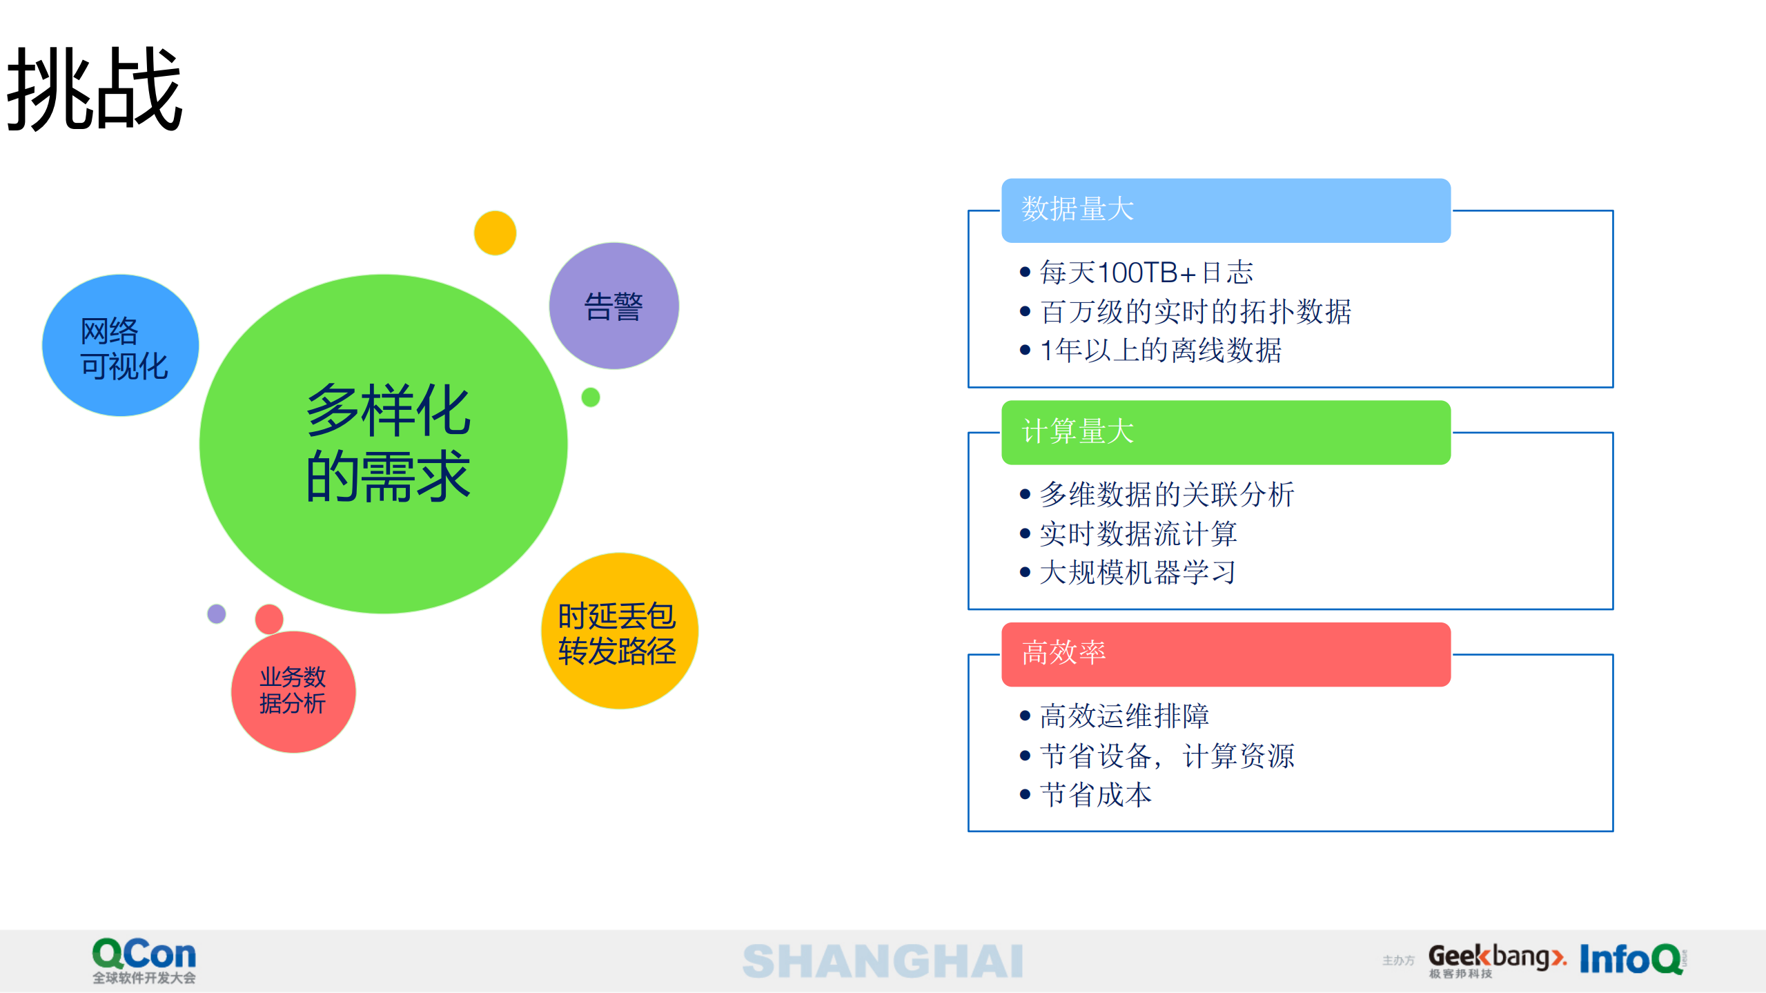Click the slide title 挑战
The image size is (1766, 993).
pos(95,90)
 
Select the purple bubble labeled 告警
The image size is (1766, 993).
pos(614,306)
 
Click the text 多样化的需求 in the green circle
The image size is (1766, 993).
pos(388,443)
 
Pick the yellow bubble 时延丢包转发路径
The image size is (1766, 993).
pos(618,632)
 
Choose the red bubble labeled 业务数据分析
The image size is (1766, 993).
pos(293,691)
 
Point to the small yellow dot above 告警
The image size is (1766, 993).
pos(495,233)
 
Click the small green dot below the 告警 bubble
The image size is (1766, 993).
pos(591,397)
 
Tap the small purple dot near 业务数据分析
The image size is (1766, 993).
pos(217,613)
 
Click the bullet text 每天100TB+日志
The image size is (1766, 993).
pos(1146,273)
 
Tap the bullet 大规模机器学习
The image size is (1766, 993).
pos(1137,573)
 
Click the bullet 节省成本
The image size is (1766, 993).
pos(1095,795)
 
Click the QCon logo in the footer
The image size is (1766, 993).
pos(144,959)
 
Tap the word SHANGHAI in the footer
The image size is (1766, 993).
pos(883,961)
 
